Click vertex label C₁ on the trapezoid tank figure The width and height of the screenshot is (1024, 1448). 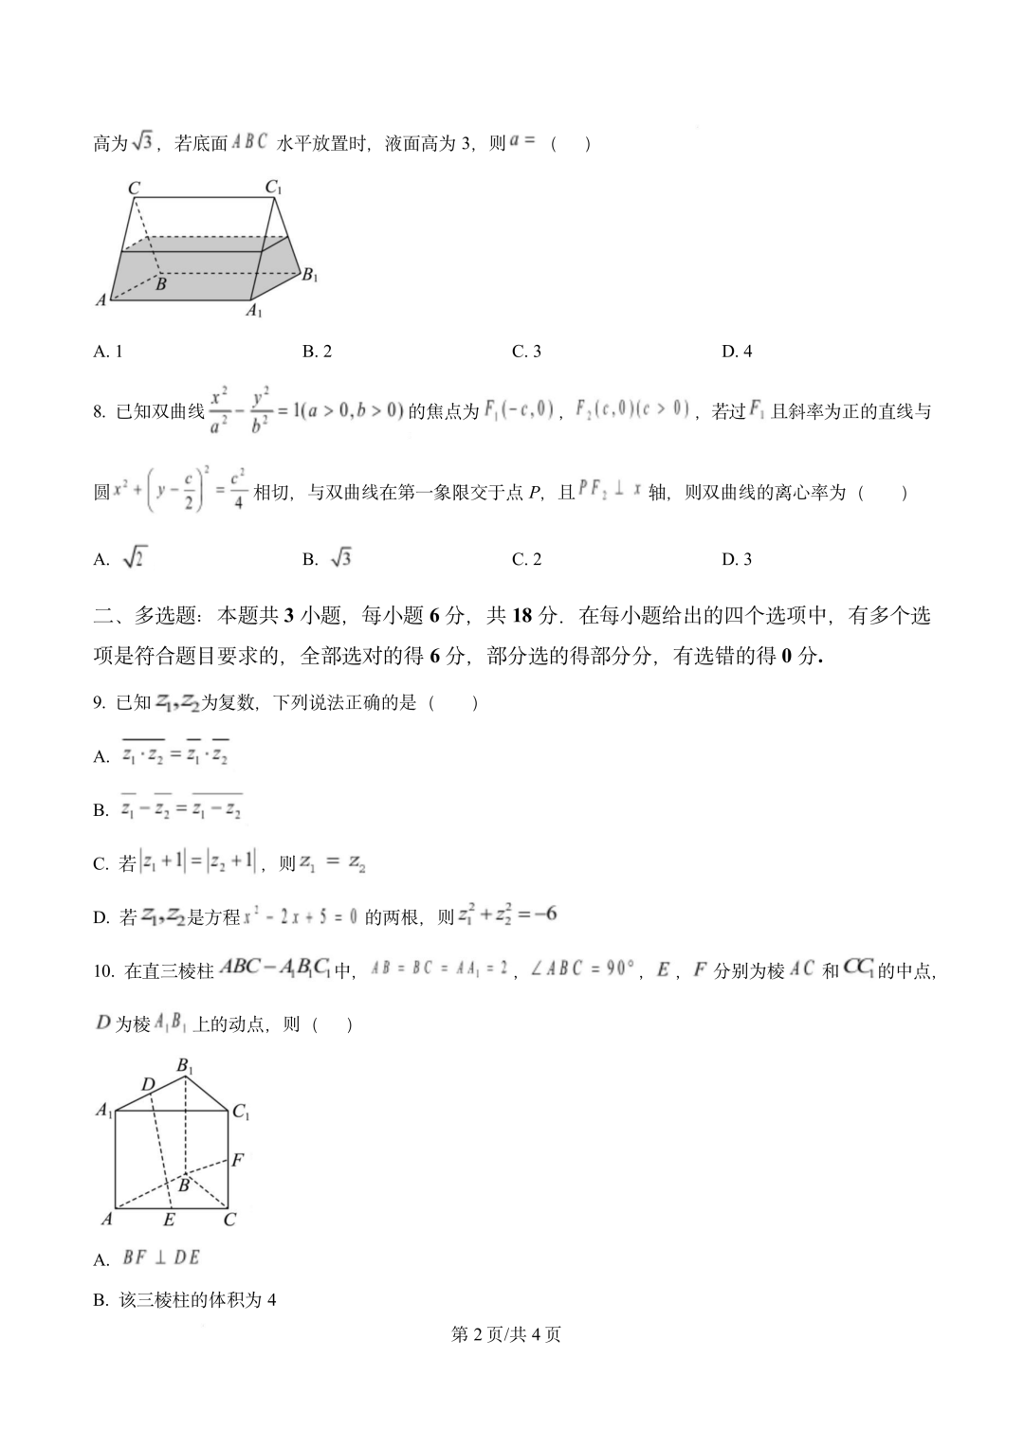tap(274, 188)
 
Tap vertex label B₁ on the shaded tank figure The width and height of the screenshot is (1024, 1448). tap(309, 276)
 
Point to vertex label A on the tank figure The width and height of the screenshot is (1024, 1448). tap(101, 300)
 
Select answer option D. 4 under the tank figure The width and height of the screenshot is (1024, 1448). tap(737, 352)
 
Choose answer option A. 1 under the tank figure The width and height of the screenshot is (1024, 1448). tap(108, 352)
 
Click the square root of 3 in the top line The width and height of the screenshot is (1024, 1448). tap(142, 142)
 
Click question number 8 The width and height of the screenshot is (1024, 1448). tap(99, 411)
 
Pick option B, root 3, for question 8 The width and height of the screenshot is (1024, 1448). tap(327, 559)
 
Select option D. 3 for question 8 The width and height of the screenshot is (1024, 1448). tap(737, 559)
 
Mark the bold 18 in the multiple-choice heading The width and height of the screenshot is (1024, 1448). tap(522, 616)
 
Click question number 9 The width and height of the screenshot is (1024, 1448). tap(99, 702)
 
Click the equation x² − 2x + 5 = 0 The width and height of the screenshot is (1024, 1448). tap(301, 916)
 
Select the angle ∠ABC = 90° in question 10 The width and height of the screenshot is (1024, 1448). tap(580, 969)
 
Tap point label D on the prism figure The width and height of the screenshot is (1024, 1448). tap(148, 1084)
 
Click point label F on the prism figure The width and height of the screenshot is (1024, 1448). tap(238, 1159)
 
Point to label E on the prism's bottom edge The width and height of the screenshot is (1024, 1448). tap(169, 1220)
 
